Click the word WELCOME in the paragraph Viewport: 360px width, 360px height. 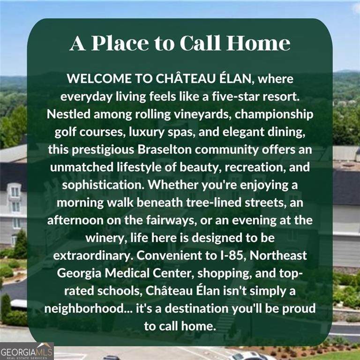pos(99,79)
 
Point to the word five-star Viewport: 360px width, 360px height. pos(236,96)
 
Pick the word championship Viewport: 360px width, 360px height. pos(274,114)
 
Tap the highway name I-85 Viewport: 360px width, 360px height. pos(233,255)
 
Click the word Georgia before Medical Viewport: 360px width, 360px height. pos(79,273)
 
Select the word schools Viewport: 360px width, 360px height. pos(119,291)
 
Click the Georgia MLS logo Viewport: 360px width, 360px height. pos(27,351)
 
